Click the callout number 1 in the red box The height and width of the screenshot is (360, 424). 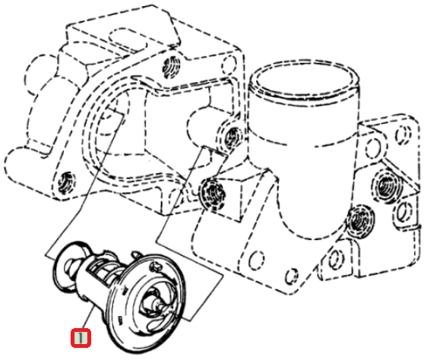[81, 337]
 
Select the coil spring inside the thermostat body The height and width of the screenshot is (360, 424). [104, 268]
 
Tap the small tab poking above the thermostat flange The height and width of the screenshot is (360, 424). [135, 254]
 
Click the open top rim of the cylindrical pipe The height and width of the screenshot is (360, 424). [304, 79]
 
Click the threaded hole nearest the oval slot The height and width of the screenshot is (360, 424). [171, 67]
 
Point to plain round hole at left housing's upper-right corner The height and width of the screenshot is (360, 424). [229, 65]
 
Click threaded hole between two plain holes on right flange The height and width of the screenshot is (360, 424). [386, 186]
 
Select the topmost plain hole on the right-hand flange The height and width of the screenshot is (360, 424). [404, 134]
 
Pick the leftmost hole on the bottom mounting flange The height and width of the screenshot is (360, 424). [256, 260]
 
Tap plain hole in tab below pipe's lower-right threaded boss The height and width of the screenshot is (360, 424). [336, 259]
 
